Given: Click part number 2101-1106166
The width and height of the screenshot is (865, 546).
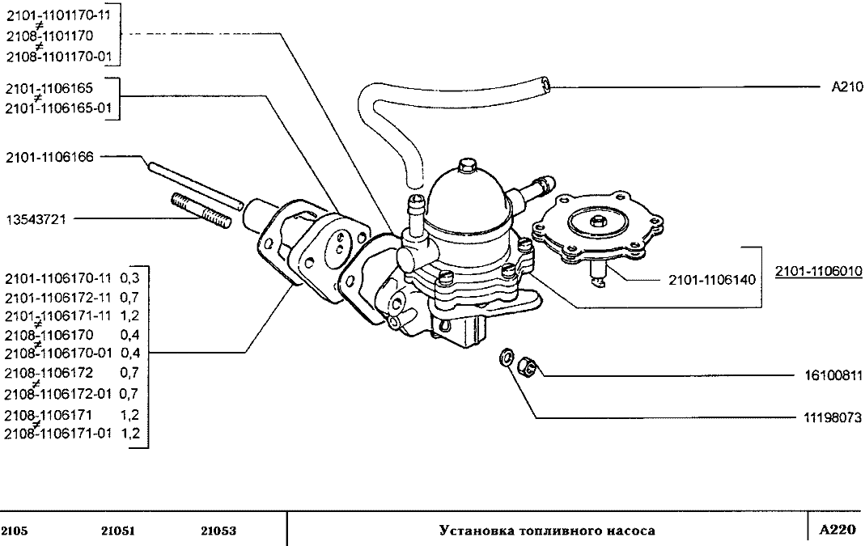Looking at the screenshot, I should tap(49, 158).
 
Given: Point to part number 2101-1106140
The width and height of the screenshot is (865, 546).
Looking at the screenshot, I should tap(711, 280).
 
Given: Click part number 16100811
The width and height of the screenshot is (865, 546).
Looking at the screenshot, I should tap(832, 376).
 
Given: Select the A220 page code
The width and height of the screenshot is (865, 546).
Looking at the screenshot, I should tap(837, 531).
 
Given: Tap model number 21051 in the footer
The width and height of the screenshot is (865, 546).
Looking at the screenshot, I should tap(118, 531).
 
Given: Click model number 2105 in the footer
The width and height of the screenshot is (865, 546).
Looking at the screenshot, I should tap(15, 531).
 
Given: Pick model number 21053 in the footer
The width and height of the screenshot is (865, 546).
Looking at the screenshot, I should tap(218, 531).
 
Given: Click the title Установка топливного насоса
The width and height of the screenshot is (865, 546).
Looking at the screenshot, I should tap(547, 531).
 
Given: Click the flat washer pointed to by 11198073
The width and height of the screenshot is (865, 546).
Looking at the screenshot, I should tap(507, 357).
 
